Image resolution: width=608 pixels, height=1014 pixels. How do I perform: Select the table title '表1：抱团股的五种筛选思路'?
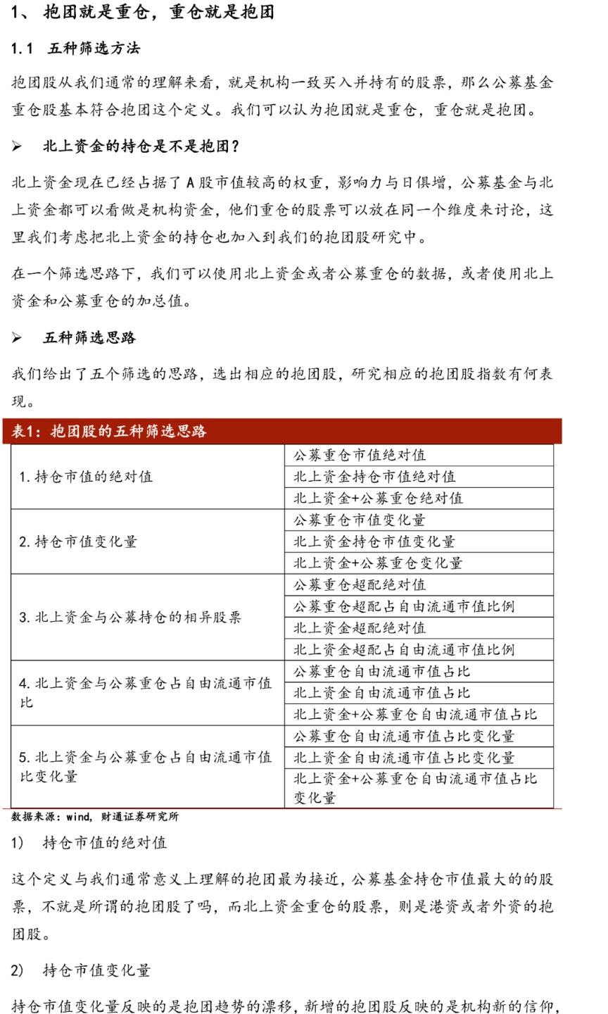(x=109, y=431)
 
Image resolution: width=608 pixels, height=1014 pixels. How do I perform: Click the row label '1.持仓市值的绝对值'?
(x=86, y=477)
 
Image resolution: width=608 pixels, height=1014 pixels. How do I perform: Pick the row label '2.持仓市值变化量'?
(x=78, y=542)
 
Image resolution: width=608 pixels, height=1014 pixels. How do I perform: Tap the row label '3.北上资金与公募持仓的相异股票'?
(x=130, y=618)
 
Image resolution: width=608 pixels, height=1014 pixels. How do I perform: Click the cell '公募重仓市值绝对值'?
(x=360, y=456)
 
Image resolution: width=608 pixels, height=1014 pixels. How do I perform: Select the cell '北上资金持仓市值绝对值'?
(x=374, y=477)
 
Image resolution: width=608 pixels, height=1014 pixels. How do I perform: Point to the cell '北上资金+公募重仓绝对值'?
(x=378, y=499)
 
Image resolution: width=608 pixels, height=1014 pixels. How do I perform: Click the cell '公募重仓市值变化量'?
(x=360, y=520)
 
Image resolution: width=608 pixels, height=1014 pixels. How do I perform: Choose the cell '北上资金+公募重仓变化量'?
(x=378, y=563)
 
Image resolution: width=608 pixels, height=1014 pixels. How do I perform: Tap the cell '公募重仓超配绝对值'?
(x=360, y=585)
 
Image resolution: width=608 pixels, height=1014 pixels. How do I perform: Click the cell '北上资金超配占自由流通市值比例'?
(x=404, y=649)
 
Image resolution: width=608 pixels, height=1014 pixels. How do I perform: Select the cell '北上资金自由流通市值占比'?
(x=381, y=693)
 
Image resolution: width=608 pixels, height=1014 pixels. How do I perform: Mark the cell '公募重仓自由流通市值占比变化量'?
(x=404, y=737)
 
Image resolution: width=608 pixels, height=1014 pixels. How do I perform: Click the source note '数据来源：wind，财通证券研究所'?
(x=95, y=817)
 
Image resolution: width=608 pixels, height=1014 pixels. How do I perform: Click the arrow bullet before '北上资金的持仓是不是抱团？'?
(x=17, y=147)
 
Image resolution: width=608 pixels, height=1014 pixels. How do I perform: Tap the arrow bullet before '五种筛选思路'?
(x=17, y=339)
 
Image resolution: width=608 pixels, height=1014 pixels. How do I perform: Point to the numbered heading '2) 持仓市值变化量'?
(x=81, y=970)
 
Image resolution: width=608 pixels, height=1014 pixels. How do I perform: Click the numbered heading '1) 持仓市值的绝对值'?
(x=89, y=843)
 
